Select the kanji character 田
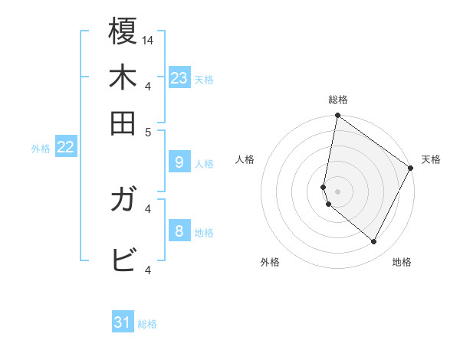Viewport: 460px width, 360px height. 123,123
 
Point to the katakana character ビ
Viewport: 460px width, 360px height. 123,260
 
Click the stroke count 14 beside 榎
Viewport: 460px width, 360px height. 148,40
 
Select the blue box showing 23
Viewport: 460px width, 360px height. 179,77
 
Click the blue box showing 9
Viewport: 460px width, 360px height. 179,162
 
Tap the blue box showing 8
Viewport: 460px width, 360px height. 179,231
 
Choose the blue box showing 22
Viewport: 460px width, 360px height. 65,147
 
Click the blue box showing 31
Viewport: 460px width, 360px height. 123,322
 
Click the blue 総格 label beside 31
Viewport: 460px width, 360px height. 147,324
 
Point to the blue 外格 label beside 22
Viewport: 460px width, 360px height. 40,149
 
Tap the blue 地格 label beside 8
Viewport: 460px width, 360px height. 204,232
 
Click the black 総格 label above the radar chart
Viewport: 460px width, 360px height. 337,100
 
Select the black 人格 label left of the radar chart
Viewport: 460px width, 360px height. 245,159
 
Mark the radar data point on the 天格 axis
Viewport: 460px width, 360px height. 411,169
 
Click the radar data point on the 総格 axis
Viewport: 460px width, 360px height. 337,116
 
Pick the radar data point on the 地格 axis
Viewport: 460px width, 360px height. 373,242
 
